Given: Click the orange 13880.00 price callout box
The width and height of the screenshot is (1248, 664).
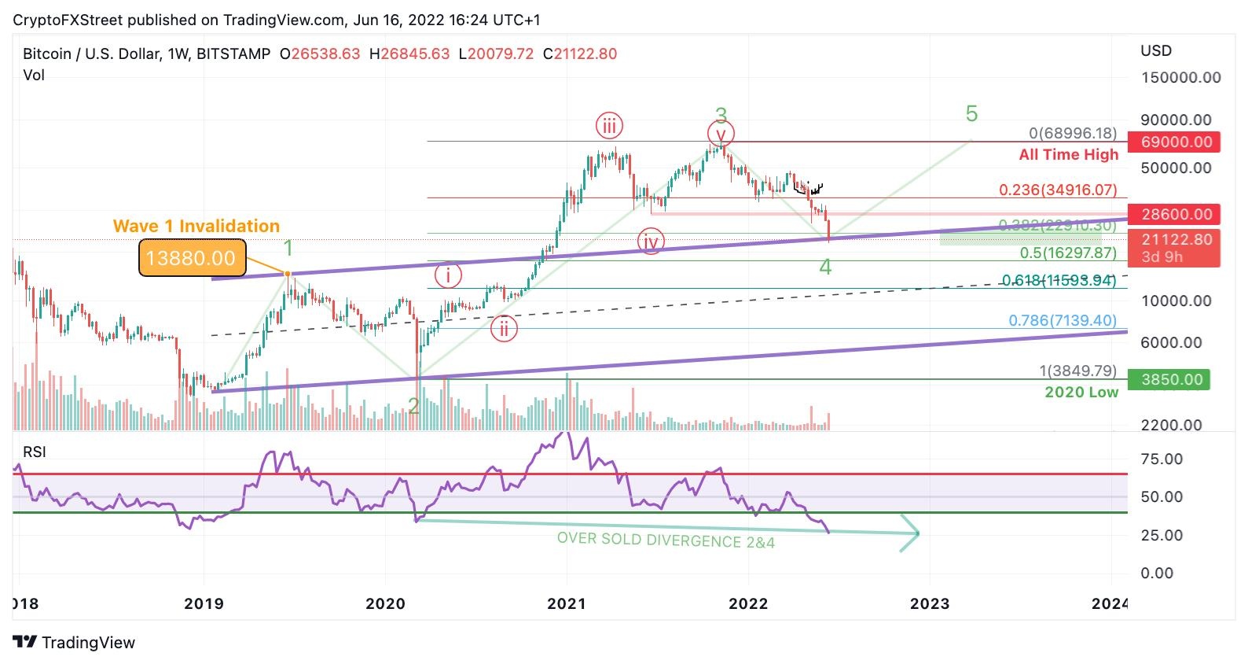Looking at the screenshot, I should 191,258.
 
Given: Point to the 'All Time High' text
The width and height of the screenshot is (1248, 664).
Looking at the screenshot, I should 1068,155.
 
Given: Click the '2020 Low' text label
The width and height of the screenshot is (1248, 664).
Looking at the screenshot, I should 1081,393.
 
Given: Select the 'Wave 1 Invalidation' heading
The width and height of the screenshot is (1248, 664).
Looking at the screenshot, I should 196,227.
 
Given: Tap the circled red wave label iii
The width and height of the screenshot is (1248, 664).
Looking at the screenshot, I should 609,126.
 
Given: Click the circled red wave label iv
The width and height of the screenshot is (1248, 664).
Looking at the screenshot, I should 651,242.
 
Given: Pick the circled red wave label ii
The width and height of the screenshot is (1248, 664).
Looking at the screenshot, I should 504,329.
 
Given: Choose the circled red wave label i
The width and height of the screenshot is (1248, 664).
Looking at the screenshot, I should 448,275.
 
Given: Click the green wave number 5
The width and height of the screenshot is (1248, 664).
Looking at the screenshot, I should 971,114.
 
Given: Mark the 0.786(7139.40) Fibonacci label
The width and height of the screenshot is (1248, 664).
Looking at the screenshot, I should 1062,320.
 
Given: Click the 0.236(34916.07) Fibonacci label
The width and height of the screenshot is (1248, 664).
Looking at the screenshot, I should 1057,190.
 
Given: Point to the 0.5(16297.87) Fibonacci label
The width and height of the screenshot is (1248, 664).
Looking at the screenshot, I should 1067,253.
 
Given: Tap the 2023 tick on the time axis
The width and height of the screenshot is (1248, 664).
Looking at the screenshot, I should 930,604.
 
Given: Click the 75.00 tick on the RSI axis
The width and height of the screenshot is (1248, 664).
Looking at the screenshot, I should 1161,459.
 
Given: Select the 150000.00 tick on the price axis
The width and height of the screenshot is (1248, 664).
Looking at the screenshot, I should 1180,78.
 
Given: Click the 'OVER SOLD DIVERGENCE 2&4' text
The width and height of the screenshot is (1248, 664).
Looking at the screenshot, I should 666,540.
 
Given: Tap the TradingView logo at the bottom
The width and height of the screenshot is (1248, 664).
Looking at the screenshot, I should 74,643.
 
